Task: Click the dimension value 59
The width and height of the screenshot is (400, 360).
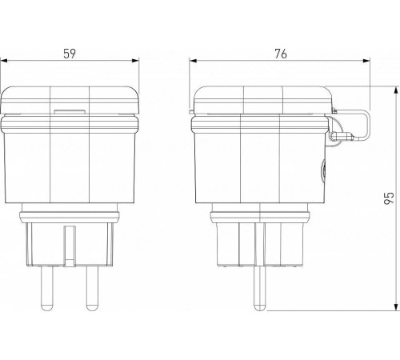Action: [70, 54]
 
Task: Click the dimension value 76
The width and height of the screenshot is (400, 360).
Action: [279, 54]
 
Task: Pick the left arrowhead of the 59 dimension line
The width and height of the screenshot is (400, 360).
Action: [4, 61]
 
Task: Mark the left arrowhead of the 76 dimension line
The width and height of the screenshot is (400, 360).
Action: [193, 61]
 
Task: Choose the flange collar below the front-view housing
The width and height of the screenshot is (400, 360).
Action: [70, 214]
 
